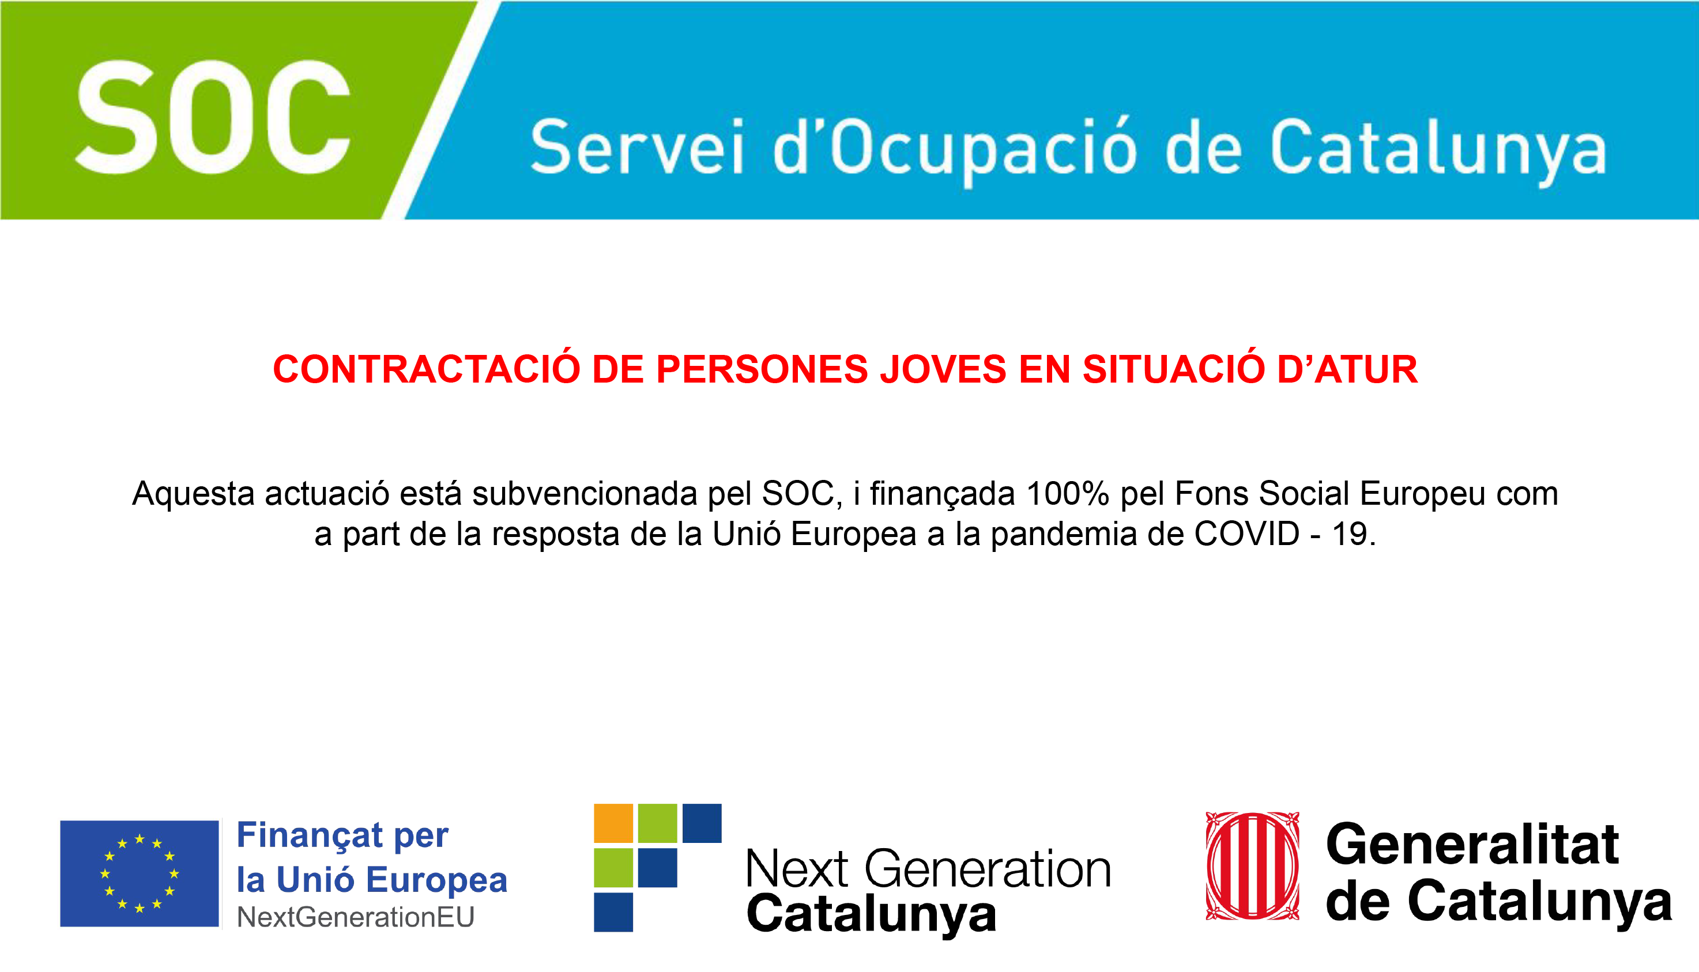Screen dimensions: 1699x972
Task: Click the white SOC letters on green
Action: tap(213, 117)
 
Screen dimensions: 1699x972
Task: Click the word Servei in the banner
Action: tap(637, 146)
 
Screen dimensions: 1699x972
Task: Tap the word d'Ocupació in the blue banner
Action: tap(954, 150)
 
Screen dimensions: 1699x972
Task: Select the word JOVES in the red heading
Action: tap(943, 369)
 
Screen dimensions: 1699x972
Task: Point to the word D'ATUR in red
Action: tap(1347, 369)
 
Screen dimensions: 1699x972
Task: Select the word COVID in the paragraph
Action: tap(1247, 534)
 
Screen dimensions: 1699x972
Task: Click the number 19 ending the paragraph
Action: tap(1349, 534)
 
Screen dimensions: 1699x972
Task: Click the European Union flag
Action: tap(140, 873)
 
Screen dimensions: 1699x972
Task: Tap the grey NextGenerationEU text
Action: tap(356, 917)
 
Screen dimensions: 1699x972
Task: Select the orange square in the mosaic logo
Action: tap(613, 823)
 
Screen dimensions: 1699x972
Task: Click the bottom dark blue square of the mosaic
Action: tap(613, 912)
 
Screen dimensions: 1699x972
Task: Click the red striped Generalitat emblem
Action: tap(1252, 866)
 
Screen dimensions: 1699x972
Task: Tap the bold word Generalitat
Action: tap(1472, 845)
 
